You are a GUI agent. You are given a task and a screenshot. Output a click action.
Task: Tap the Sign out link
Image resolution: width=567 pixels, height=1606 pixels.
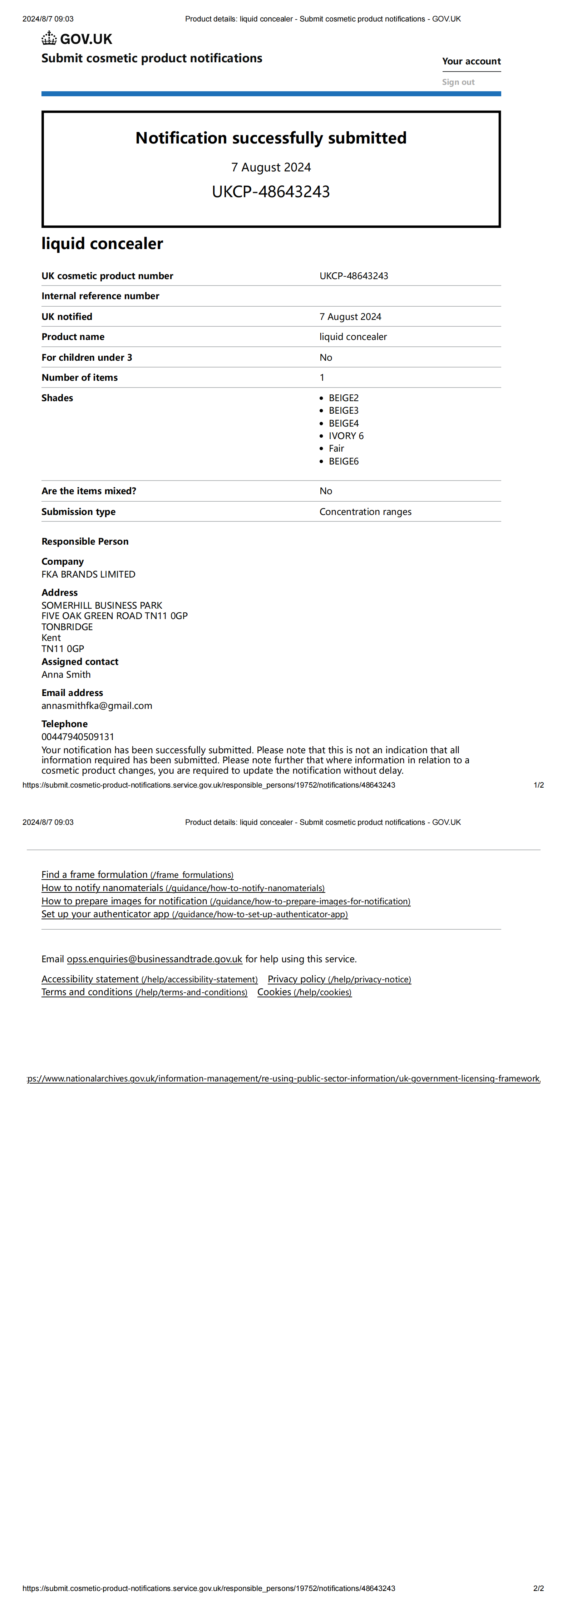458,82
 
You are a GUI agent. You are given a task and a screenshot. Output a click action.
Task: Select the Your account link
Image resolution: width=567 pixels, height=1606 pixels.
471,61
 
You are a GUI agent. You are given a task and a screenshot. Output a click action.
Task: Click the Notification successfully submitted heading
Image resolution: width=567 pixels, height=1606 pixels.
271,138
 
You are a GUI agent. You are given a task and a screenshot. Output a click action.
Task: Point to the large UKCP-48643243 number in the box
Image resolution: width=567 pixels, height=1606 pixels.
271,191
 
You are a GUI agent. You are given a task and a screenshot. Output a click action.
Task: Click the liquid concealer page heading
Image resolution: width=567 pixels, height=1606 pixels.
102,243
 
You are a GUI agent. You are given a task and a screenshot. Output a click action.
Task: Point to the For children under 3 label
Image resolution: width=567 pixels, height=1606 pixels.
87,357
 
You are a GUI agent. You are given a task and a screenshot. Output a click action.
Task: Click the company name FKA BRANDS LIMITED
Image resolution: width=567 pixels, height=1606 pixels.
88,574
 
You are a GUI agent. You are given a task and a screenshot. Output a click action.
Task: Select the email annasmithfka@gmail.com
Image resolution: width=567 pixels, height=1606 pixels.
97,706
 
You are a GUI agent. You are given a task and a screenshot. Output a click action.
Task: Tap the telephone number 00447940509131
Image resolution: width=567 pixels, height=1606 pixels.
78,737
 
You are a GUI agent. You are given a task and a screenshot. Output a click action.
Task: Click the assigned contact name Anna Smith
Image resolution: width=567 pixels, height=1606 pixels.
66,675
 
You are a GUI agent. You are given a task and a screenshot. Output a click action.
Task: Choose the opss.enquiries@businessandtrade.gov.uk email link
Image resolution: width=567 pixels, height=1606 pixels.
154,959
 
